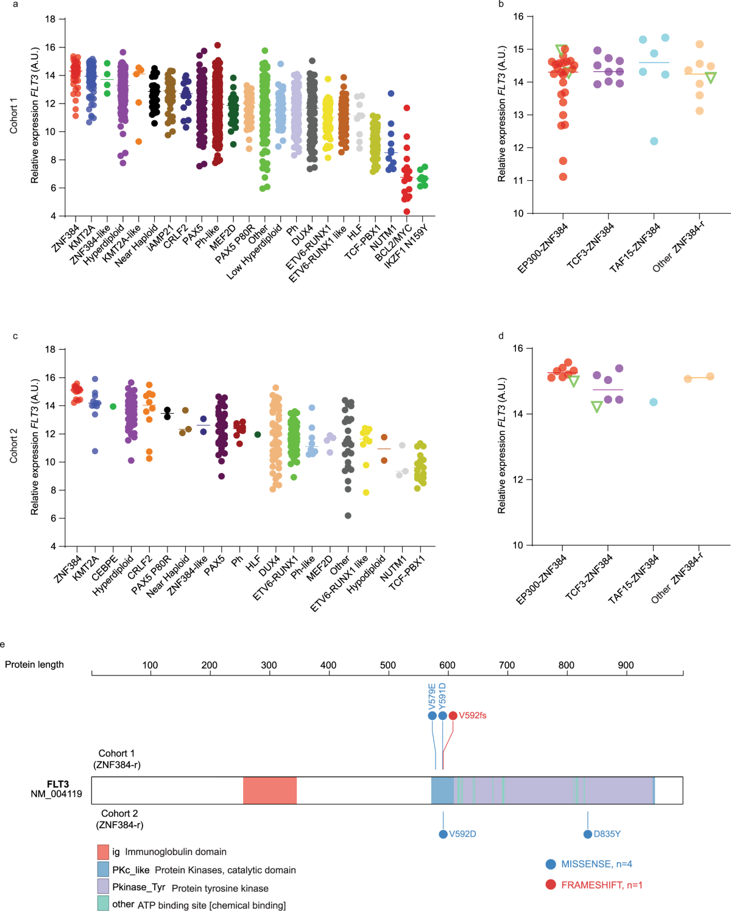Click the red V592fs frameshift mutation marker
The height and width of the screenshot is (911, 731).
point(453,716)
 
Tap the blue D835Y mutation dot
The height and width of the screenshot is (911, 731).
point(588,834)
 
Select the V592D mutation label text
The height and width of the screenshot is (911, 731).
point(462,834)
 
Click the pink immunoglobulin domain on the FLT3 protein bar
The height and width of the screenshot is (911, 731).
point(270,791)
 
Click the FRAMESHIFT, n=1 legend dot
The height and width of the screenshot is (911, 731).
point(551,885)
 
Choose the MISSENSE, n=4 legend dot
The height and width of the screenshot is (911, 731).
point(551,864)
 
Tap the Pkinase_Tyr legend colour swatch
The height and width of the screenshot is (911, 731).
point(103,886)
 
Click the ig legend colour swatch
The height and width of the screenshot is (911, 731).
point(103,852)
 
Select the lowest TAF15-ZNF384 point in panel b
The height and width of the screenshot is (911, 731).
point(654,141)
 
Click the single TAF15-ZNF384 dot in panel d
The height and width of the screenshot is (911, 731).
point(654,402)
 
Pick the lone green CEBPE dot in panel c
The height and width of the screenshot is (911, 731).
point(113,407)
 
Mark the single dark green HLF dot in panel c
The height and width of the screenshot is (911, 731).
point(258,435)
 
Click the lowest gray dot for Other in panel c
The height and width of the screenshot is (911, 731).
point(348,516)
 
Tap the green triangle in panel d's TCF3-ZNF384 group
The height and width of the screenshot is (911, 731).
point(597,407)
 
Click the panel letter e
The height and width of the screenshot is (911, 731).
point(3,644)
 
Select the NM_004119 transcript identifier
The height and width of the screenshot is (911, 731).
point(56,794)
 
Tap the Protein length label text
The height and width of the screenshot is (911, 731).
point(34,665)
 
